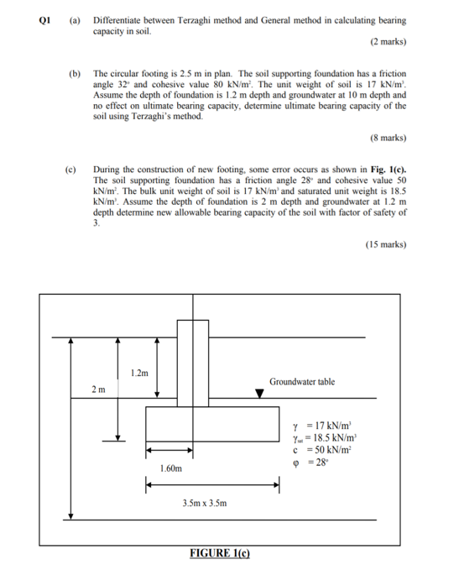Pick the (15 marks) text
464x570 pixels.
click(x=386, y=244)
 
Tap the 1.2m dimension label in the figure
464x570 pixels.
click(x=141, y=372)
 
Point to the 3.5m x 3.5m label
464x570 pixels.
click(x=205, y=503)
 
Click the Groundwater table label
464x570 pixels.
click(x=301, y=382)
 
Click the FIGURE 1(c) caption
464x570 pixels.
click(x=219, y=553)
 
